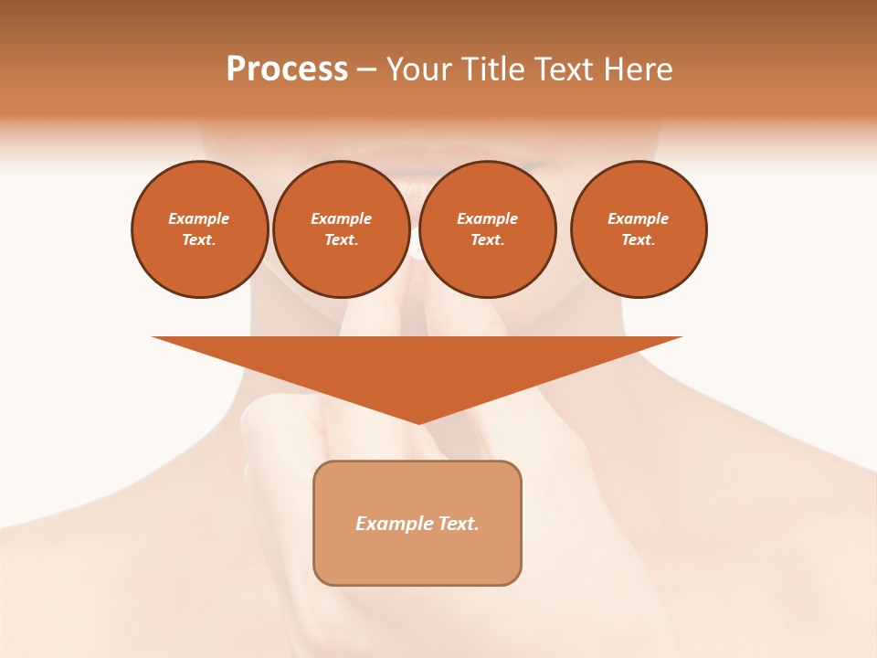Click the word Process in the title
click(x=287, y=69)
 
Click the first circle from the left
click(x=200, y=229)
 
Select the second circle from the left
click(x=342, y=229)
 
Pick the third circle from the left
click(x=488, y=229)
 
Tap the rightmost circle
click(x=639, y=229)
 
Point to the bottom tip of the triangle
click(x=418, y=422)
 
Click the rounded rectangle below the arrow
click(x=417, y=523)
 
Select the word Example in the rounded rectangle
click(x=394, y=524)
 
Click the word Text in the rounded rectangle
click(x=459, y=524)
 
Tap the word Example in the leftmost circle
click(x=199, y=219)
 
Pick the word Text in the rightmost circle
click(x=638, y=240)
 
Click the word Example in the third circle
click(x=487, y=219)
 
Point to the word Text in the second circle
click(x=341, y=240)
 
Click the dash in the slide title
click(x=366, y=69)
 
